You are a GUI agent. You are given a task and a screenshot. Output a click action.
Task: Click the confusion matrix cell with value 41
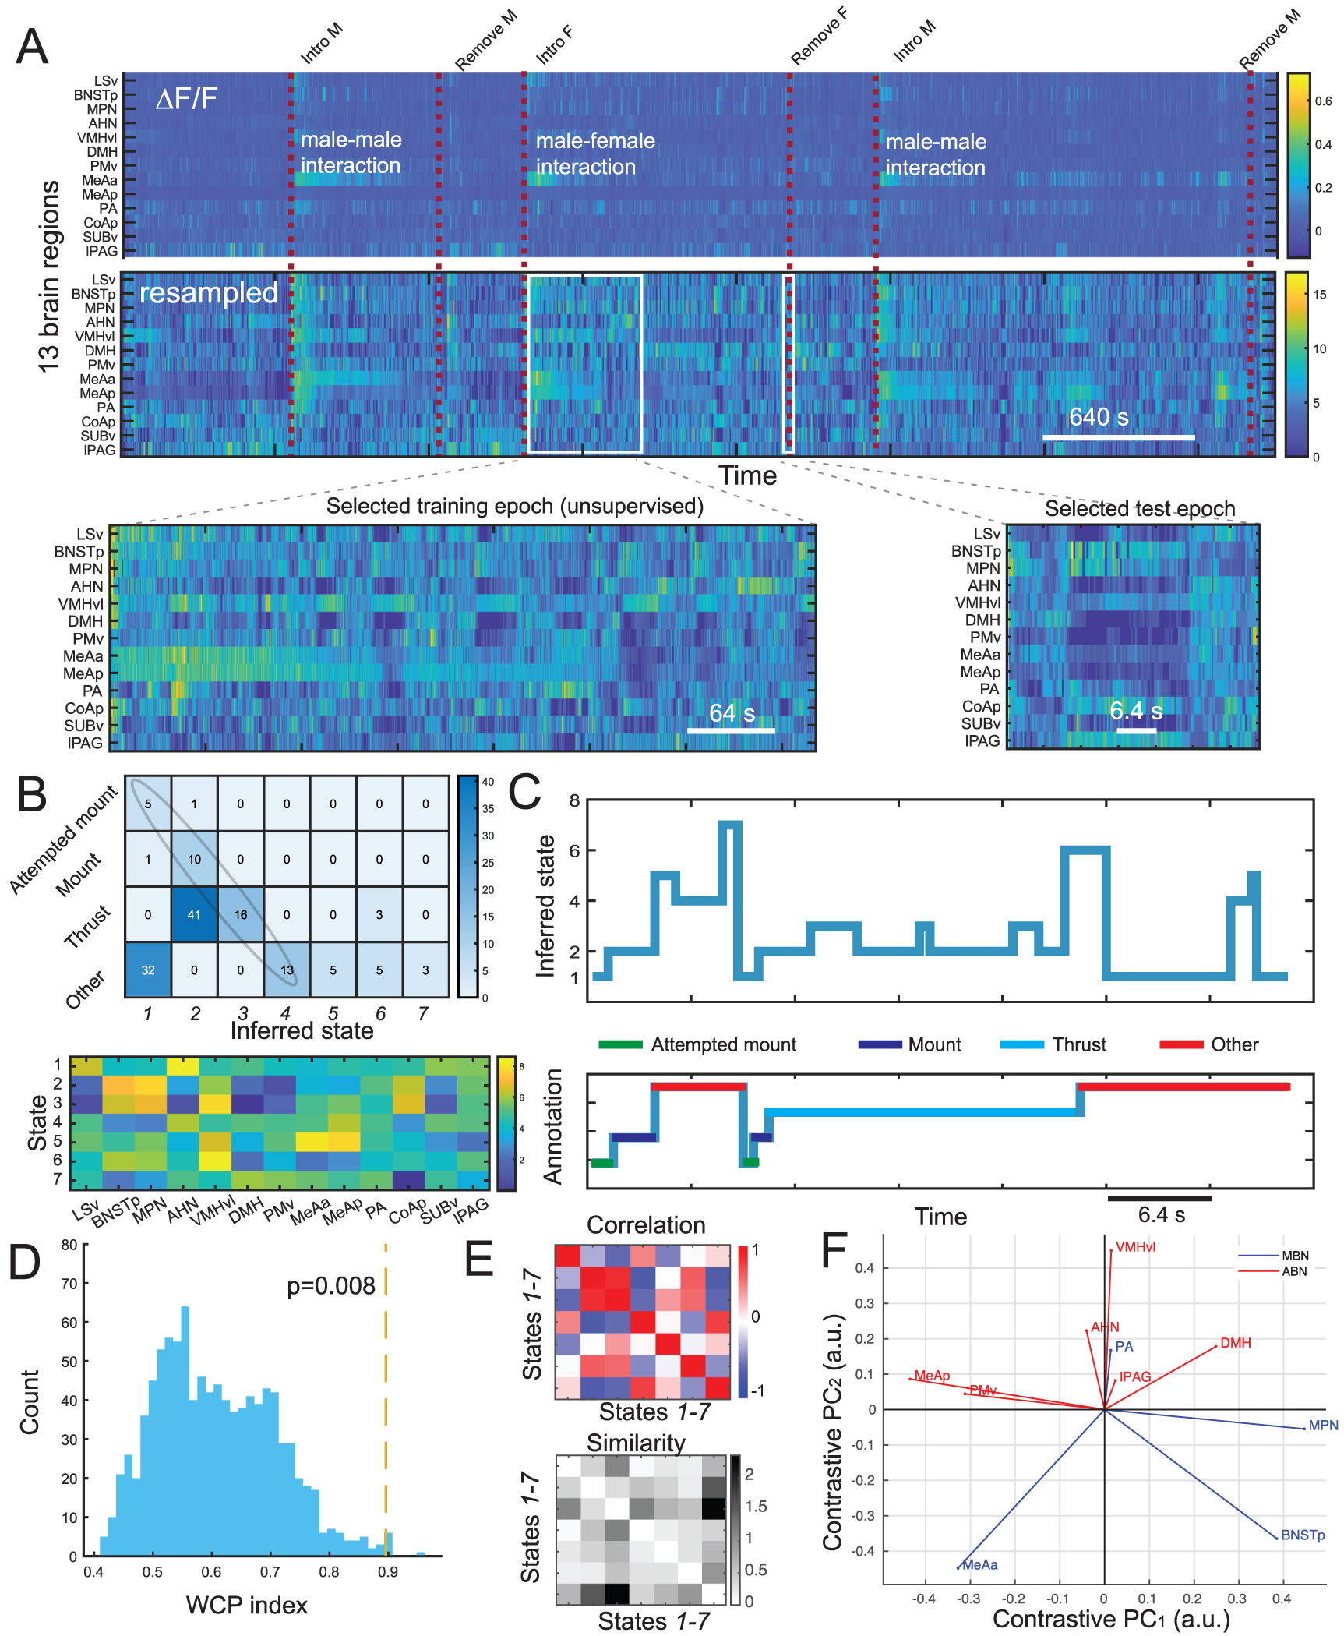[194, 914]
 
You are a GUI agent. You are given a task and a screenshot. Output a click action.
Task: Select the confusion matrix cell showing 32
[148, 970]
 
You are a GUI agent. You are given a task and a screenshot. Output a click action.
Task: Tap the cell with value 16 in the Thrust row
[241, 914]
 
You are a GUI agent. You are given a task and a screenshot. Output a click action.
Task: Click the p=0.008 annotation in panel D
[331, 1285]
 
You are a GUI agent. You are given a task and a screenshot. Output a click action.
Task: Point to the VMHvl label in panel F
[1135, 1247]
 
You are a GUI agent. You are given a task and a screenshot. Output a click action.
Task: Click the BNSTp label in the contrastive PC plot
[1303, 1535]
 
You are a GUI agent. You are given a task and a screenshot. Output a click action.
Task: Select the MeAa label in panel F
[980, 1564]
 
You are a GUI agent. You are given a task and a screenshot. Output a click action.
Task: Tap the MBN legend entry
[1295, 1256]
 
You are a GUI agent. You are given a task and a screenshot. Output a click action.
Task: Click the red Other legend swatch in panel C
[1181, 1044]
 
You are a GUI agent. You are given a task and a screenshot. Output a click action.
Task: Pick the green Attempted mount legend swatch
[620, 1044]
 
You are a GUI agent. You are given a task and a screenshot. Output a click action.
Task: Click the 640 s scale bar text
[1099, 417]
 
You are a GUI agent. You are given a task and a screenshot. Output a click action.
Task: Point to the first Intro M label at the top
[322, 43]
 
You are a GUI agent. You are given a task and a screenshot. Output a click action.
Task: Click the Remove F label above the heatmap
[819, 37]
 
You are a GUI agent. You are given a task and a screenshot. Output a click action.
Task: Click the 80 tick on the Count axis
[70, 1245]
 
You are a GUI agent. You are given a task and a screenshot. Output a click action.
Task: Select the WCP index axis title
[247, 1605]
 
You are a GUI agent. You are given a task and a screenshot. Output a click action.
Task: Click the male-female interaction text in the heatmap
[595, 154]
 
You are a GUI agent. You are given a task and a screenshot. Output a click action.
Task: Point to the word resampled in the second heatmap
[209, 293]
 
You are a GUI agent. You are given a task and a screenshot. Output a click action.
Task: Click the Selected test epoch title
[1140, 508]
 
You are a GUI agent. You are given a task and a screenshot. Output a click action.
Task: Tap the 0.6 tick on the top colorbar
[1323, 101]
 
